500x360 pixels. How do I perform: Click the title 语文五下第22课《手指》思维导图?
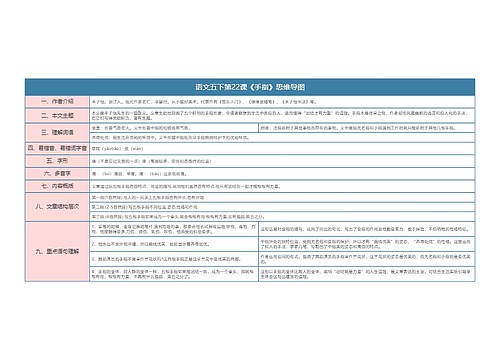(250, 88)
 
